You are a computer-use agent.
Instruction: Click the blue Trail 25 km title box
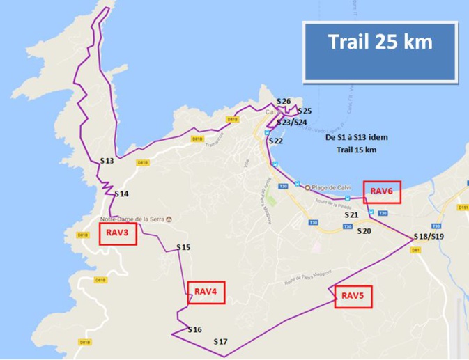[x=380, y=52]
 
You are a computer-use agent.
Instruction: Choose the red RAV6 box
[x=383, y=191]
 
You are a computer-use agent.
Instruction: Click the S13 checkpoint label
[x=107, y=160]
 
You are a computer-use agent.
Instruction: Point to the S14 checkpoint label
[x=121, y=194]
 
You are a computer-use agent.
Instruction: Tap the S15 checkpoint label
[x=183, y=247]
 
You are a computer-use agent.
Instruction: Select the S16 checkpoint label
[x=194, y=329]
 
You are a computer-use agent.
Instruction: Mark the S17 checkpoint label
[x=221, y=341]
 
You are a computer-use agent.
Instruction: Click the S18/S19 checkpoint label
[x=428, y=237]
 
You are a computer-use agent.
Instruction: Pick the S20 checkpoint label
[x=364, y=230]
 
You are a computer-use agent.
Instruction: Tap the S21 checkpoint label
[x=351, y=215]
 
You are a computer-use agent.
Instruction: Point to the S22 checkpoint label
[x=276, y=141]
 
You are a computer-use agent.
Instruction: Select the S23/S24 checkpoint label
[x=291, y=123]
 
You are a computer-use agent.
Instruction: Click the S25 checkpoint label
[x=305, y=111]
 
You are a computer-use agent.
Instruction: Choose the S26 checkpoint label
[x=283, y=102]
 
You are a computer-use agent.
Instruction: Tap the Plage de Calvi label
[x=332, y=186]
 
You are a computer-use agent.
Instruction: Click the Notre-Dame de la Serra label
[x=135, y=220]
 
